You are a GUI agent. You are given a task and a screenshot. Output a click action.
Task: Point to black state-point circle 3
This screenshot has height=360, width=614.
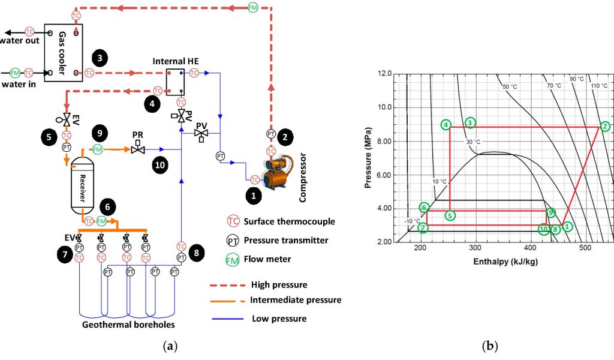pos(100,58)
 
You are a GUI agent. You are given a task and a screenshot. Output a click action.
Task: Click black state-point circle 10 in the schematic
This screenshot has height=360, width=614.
pos(159,166)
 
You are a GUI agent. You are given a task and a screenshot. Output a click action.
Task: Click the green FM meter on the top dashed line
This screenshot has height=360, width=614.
pos(254,8)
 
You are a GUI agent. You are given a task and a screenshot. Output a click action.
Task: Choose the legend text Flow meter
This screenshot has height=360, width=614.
pos(266,259)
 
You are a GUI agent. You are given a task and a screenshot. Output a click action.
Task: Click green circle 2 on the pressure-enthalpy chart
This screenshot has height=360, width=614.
pos(605,126)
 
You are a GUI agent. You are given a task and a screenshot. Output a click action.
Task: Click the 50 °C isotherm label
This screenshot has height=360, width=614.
pos(510,87)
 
